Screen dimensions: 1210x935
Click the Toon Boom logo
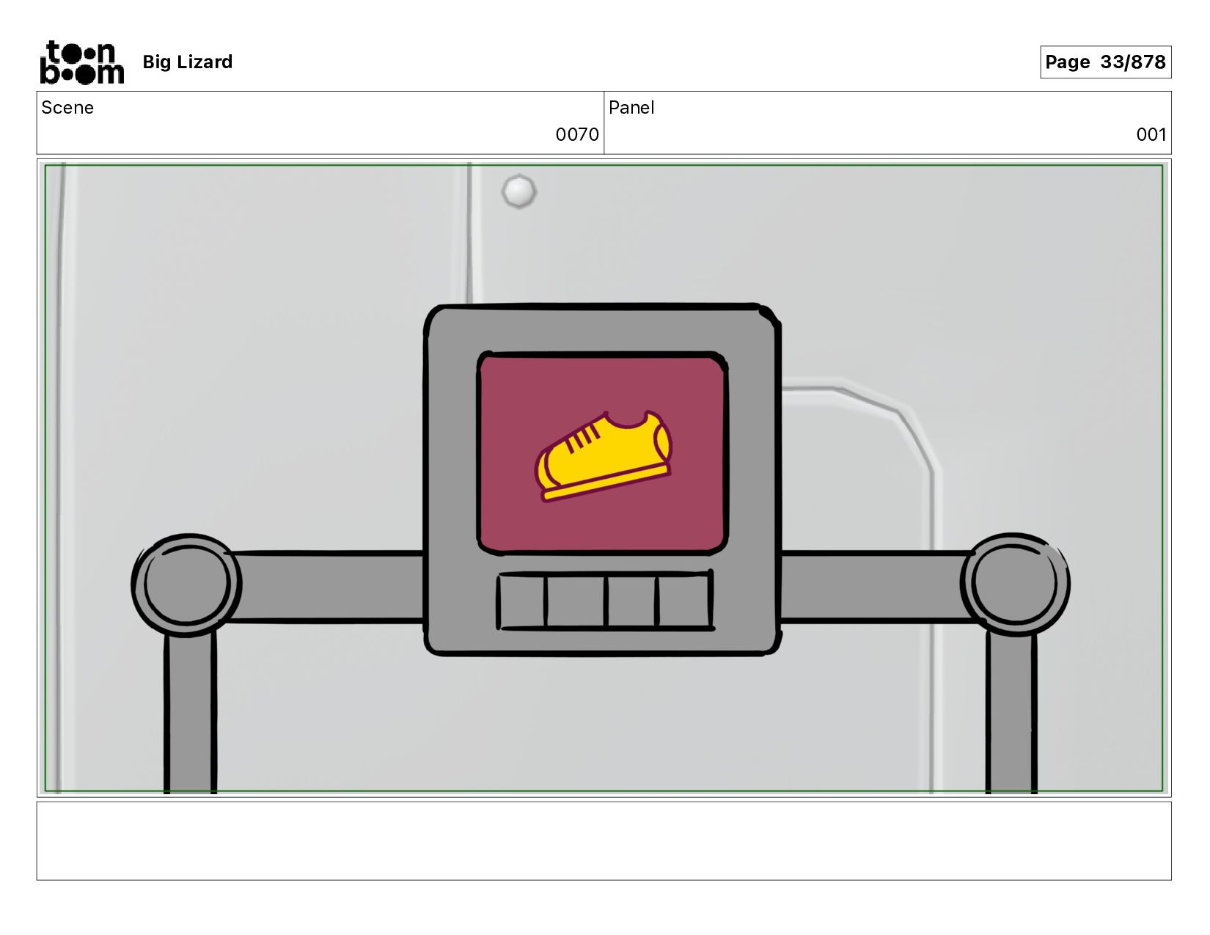81,62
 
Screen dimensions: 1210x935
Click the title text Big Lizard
187,62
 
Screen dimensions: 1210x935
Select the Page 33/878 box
1105,62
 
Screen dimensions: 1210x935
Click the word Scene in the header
67,108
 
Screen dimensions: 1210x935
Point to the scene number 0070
576,135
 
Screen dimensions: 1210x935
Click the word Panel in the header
631,108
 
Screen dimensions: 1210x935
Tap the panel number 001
1151,135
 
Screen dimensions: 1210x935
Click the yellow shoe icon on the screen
604,455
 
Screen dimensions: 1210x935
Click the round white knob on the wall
519,191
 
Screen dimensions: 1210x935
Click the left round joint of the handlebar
187,584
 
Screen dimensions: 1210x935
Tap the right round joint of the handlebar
1015,584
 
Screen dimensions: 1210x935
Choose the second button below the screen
576,601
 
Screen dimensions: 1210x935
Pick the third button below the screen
631,601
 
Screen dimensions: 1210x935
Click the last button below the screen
683,601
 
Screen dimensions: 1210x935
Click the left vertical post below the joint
190,715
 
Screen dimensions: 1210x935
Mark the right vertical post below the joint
1011,715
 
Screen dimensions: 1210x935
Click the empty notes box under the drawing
604,840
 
